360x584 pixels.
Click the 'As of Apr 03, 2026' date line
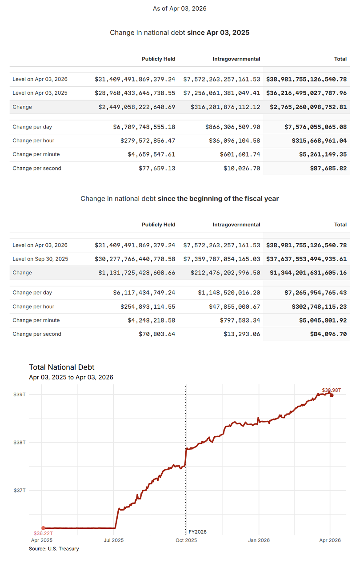click(x=180, y=8)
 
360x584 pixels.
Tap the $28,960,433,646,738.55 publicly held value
click(x=135, y=93)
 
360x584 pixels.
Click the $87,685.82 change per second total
click(x=328, y=169)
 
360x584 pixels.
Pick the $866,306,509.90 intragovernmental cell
click(x=232, y=127)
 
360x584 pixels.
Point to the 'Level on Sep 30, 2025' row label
click(x=40, y=259)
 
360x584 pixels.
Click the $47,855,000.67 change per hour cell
click(x=234, y=307)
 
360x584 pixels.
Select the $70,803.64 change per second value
click(x=157, y=334)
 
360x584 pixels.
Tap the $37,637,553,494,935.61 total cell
click(x=306, y=259)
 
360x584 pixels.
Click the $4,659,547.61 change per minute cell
click(x=151, y=155)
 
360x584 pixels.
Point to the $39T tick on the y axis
click(x=20, y=395)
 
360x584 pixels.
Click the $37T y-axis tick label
click(x=20, y=490)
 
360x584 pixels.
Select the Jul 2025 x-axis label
click(x=114, y=540)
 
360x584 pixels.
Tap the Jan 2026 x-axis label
click(x=258, y=540)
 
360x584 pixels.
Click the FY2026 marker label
click(x=197, y=532)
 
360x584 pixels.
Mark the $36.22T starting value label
click(x=43, y=533)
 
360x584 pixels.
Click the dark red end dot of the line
click(x=332, y=395)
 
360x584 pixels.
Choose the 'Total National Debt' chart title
click(x=62, y=367)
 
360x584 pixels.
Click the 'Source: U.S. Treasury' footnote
click(x=54, y=549)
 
